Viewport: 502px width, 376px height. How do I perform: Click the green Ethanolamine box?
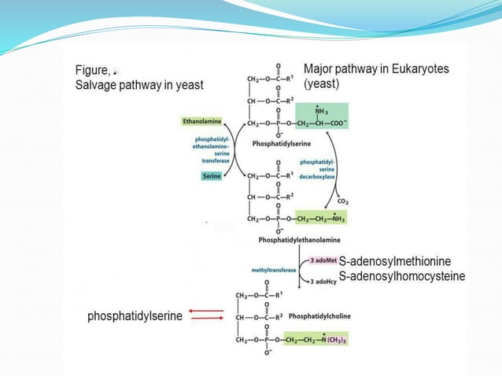(x=201, y=122)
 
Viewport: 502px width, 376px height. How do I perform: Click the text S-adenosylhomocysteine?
(x=402, y=276)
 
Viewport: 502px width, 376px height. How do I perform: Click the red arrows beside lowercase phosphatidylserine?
(x=206, y=315)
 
